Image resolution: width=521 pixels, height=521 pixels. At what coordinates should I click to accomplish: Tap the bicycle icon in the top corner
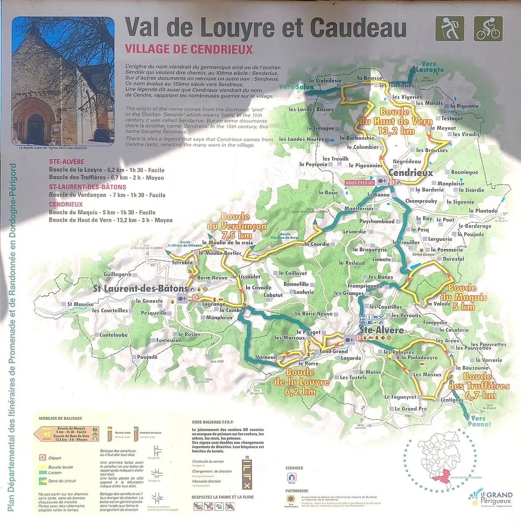click(x=488, y=28)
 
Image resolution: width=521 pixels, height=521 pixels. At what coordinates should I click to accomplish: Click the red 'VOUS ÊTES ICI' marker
click(x=359, y=183)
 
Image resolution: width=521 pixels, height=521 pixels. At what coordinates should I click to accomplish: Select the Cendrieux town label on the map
click(x=411, y=173)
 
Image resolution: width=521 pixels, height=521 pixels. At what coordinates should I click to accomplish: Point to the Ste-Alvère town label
click(x=382, y=330)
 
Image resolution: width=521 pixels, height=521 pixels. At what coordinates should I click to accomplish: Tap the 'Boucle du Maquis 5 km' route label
click(x=462, y=297)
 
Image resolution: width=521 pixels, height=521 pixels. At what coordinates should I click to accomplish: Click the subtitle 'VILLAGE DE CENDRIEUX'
click(x=189, y=49)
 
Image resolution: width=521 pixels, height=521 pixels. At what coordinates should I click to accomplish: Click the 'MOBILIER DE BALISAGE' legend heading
click(x=60, y=418)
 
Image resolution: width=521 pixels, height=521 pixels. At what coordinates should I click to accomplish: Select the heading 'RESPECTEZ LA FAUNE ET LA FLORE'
click(x=222, y=497)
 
